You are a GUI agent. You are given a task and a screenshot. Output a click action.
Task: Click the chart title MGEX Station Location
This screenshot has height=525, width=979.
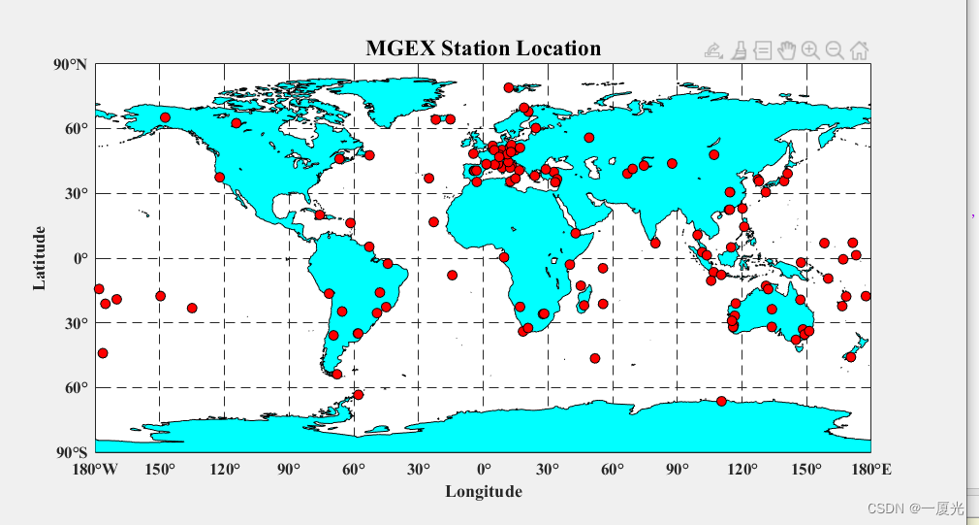483,49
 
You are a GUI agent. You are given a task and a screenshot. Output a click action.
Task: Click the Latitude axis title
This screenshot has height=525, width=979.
40,258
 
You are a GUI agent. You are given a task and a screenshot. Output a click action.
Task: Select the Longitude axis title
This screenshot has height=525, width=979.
483,492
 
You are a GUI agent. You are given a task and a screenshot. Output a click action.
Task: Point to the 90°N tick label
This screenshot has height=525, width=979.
69,65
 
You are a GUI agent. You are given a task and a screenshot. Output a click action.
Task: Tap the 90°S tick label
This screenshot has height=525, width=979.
70,452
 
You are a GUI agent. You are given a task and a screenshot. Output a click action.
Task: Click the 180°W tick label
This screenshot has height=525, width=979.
95,470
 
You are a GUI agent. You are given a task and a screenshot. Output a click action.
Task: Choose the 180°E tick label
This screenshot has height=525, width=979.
870,470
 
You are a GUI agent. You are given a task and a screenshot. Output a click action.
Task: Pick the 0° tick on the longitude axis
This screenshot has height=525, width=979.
483,470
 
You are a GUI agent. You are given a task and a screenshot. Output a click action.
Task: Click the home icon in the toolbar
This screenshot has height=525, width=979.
859,50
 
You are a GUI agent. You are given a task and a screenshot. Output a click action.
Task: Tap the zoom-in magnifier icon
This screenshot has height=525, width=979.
810,50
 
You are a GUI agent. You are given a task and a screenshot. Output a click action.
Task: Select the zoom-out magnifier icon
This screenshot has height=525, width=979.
835,50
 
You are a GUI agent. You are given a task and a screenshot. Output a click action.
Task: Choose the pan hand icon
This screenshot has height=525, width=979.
786,50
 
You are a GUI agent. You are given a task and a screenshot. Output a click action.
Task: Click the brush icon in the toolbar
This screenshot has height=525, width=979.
739,50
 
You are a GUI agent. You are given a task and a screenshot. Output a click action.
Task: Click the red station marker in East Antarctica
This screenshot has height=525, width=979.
721,401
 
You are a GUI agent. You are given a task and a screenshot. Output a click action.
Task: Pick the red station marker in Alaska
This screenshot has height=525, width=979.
165,117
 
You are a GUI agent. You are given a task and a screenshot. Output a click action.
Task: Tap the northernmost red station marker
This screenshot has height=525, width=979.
509,87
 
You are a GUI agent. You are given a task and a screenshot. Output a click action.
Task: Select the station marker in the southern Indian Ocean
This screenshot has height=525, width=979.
594,358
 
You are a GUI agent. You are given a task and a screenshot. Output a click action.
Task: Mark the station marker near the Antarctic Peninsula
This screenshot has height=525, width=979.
358,395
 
